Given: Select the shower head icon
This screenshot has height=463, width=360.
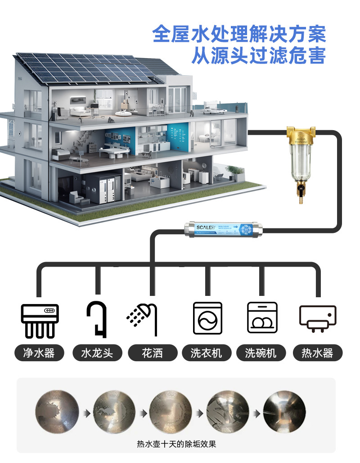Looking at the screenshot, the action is (143, 319).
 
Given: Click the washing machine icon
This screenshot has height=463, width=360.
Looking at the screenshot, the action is (207, 318).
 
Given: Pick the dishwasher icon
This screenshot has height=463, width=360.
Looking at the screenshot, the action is (262, 318).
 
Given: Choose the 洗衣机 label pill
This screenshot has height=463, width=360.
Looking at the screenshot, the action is (207, 353).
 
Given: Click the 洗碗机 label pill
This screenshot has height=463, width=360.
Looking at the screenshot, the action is (262, 353).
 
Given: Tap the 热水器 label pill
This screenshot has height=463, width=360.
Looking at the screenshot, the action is (317, 353).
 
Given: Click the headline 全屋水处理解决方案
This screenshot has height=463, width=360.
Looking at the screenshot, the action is (239, 34).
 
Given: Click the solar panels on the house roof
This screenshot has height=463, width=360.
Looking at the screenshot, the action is (90, 68).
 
